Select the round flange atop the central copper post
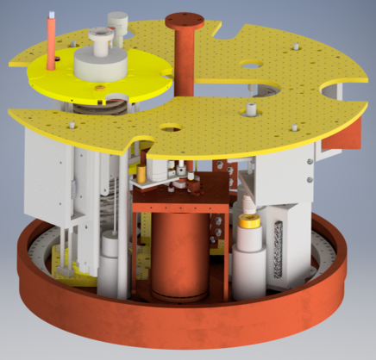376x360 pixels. (x=183, y=17)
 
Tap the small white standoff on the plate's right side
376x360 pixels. (x=250, y=110)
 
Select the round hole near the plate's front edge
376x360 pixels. (x=169, y=129)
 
